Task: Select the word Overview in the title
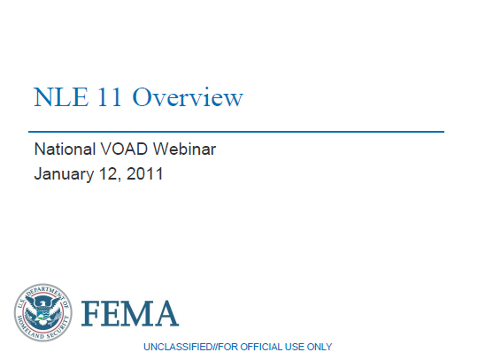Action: point(188,97)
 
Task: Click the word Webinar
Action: point(187,149)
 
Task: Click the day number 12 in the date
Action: point(112,173)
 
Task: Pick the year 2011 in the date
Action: point(145,173)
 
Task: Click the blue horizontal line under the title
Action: point(238,132)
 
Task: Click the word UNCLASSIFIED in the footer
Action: point(176,347)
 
